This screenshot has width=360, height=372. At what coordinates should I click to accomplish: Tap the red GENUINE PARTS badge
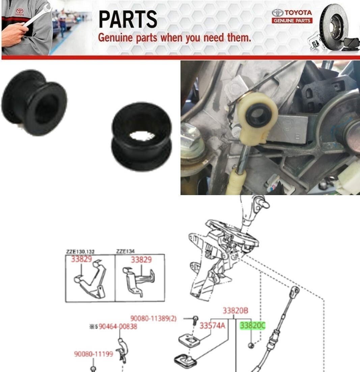pos(292,21)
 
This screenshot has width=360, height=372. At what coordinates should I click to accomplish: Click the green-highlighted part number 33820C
pos(252,326)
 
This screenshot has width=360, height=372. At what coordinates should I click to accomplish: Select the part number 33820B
pos(235,311)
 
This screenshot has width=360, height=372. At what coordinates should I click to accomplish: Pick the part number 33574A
pos(212,326)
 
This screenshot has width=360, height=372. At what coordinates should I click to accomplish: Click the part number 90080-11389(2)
pos(153,318)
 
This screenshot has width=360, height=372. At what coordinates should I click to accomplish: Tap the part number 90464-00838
pos(117,326)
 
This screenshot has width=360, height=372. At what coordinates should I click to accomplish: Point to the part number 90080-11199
pos(93,354)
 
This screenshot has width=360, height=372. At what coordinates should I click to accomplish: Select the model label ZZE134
pos(125,251)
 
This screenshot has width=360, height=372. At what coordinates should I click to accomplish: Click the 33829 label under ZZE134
pos(141,260)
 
